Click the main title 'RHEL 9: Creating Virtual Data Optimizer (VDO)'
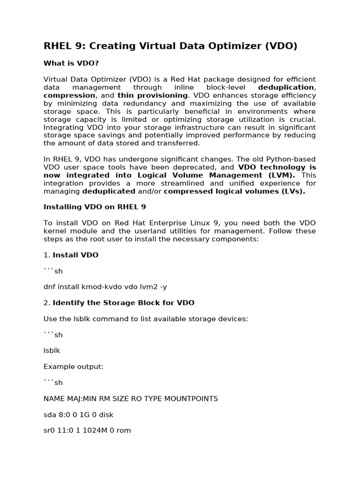171,46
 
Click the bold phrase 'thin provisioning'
152,95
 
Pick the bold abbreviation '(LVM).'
280,175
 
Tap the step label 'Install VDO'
75,255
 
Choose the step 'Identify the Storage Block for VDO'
123,302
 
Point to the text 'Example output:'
73,367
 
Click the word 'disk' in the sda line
106,414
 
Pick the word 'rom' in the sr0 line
124,430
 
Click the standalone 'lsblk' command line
52,350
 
